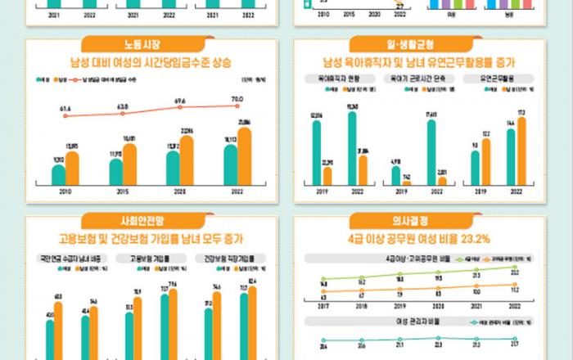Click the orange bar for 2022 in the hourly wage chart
[x=243, y=155]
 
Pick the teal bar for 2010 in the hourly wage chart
[x=58, y=174]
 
